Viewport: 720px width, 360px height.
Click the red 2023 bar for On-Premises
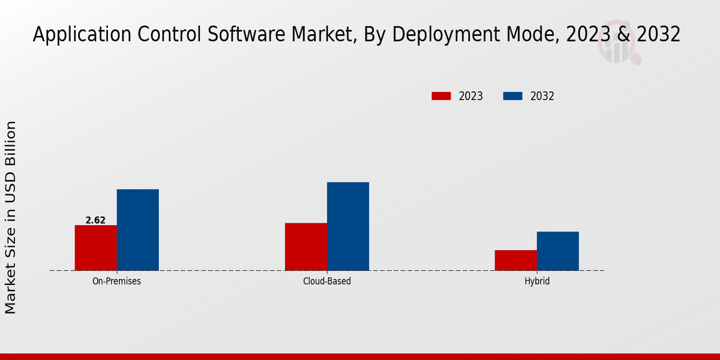[95, 248]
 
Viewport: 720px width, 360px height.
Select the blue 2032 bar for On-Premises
[137, 230]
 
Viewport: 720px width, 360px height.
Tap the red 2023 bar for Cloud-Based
[306, 247]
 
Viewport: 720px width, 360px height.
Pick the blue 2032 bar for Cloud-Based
[348, 226]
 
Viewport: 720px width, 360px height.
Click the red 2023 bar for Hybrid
[515, 260]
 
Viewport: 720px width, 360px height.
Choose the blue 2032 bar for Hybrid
[557, 251]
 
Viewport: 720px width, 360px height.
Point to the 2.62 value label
[95, 220]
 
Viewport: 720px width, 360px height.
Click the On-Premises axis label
[116, 281]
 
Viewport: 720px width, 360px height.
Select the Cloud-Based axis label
[327, 281]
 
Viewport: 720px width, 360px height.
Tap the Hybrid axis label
[536, 281]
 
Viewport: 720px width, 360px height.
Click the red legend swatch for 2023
[441, 96]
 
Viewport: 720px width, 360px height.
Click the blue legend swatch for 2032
[512, 96]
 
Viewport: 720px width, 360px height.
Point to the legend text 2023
[471, 96]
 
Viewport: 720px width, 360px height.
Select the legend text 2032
[542, 96]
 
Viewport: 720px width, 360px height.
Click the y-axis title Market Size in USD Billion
[11, 217]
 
